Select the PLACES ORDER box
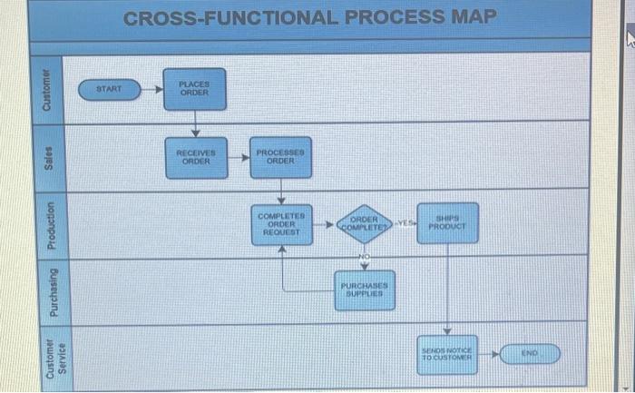pyautogui.click(x=194, y=88)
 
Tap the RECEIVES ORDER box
pyautogui.click(x=194, y=157)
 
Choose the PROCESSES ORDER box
pyautogui.click(x=281, y=156)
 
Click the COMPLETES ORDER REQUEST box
pyautogui.click(x=281, y=224)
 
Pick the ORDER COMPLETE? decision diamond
pyautogui.click(x=364, y=223)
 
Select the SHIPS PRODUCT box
pyautogui.click(x=448, y=222)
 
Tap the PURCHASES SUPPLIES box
pyautogui.click(x=365, y=290)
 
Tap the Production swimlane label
pyautogui.click(x=51, y=224)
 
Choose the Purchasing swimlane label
pyautogui.click(x=51, y=290)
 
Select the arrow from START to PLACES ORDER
pyautogui.click(x=154, y=89)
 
